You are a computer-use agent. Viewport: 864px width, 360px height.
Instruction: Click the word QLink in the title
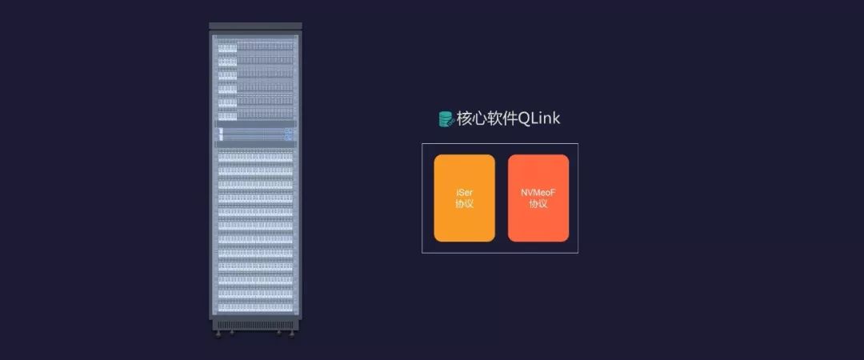[x=539, y=118]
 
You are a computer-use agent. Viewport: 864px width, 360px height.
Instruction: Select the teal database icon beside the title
[x=446, y=119]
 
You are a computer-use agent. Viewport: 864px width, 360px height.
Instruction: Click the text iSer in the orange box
[x=464, y=193]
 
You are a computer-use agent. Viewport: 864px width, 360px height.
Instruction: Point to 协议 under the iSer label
[x=464, y=204]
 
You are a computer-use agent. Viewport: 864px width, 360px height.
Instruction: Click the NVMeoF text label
[x=538, y=193]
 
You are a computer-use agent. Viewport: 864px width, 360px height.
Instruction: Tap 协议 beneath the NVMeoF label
[x=538, y=204]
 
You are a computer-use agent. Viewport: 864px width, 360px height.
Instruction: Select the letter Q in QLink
[x=524, y=118]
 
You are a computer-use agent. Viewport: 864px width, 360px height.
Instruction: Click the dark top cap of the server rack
[x=254, y=26]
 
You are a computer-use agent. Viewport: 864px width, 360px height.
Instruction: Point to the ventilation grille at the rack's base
[x=254, y=324]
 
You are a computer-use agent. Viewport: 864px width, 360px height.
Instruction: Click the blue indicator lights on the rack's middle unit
[x=288, y=134]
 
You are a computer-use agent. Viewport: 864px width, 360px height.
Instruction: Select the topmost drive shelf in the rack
[x=254, y=47]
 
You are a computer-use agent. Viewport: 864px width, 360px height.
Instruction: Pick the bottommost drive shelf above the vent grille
[x=254, y=306]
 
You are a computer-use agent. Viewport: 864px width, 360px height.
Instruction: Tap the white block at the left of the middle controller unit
[x=221, y=134]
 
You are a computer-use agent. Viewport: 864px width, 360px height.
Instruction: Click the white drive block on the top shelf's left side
[x=228, y=47]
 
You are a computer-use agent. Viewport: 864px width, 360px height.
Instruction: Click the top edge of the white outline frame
[x=500, y=144]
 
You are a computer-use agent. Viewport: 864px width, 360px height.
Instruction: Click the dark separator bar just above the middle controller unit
[x=254, y=123]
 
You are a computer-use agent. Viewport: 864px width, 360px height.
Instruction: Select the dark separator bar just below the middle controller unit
[x=254, y=145]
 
